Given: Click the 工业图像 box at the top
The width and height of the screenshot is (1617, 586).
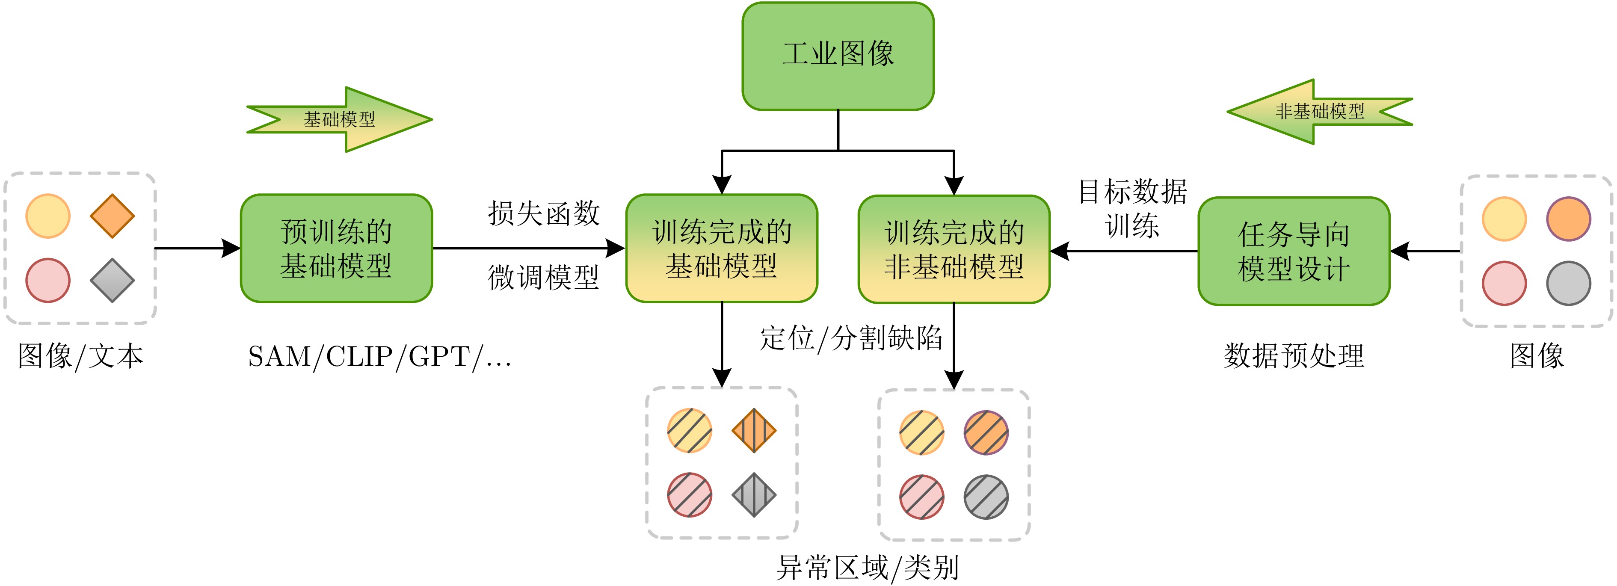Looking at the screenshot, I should coord(838,56).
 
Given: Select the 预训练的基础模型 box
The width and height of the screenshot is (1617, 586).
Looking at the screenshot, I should coord(337,249).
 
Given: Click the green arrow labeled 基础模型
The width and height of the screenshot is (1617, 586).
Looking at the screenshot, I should coord(340,119).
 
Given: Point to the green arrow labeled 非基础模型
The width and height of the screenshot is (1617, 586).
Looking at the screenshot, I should coord(1319,112).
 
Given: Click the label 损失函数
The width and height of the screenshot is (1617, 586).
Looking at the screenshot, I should coord(544,213).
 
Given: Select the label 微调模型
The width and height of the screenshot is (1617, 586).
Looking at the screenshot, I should coord(544,277).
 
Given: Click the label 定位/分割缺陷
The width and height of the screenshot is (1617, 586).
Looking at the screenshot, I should coord(851,338).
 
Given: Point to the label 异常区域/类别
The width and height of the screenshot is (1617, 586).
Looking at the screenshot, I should coord(868,568).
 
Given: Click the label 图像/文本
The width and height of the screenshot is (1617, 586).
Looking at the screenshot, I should coord(80,356).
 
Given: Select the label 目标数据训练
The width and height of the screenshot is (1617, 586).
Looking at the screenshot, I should coord(1132,208).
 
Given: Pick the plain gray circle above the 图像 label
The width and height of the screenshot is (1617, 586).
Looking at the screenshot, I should coord(1568,284).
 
